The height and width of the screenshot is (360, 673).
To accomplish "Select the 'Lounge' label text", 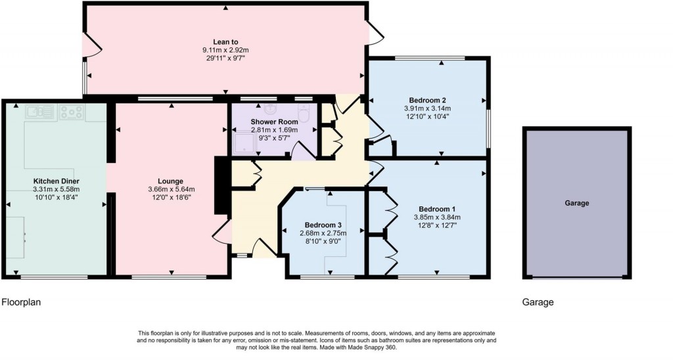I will click(170, 181).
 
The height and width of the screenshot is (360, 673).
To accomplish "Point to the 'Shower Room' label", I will click(274, 122).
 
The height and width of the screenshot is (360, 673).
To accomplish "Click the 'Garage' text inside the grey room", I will click(576, 204).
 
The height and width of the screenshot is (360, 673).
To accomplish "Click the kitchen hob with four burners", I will click(71, 112).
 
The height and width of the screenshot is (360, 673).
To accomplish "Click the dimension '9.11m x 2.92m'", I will click(225, 50).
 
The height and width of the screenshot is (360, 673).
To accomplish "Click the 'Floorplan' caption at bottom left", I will click(23, 303).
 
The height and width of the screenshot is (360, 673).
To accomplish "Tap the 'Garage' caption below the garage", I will click(538, 303).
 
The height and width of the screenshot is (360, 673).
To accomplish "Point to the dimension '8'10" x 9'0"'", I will click(321, 241).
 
